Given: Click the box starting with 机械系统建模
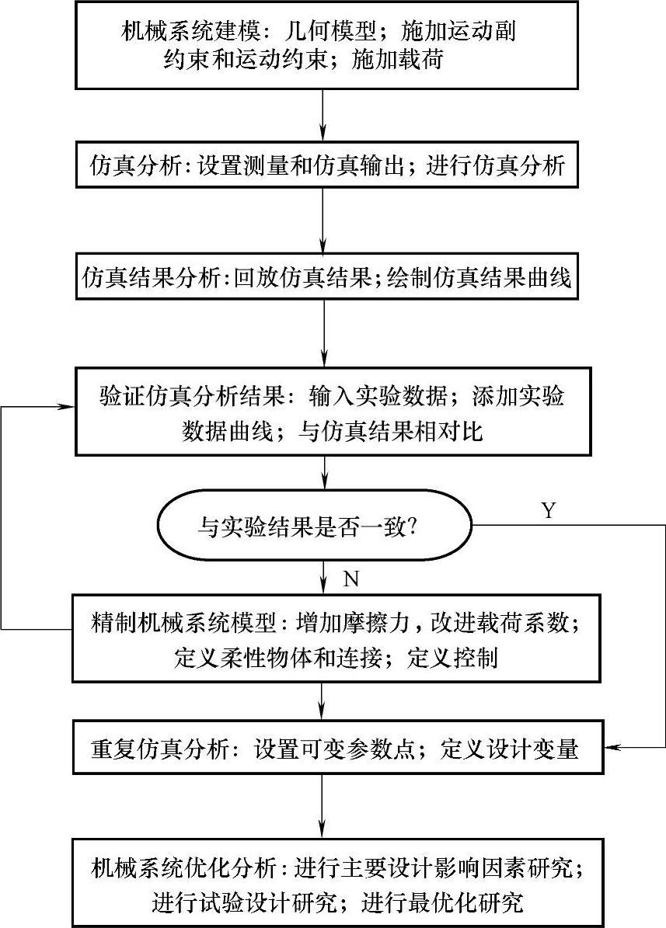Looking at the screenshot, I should (326, 45).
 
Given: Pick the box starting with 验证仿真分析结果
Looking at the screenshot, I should (326, 412).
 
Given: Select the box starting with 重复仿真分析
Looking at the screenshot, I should (326, 749).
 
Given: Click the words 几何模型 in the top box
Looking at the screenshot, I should (348, 32).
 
